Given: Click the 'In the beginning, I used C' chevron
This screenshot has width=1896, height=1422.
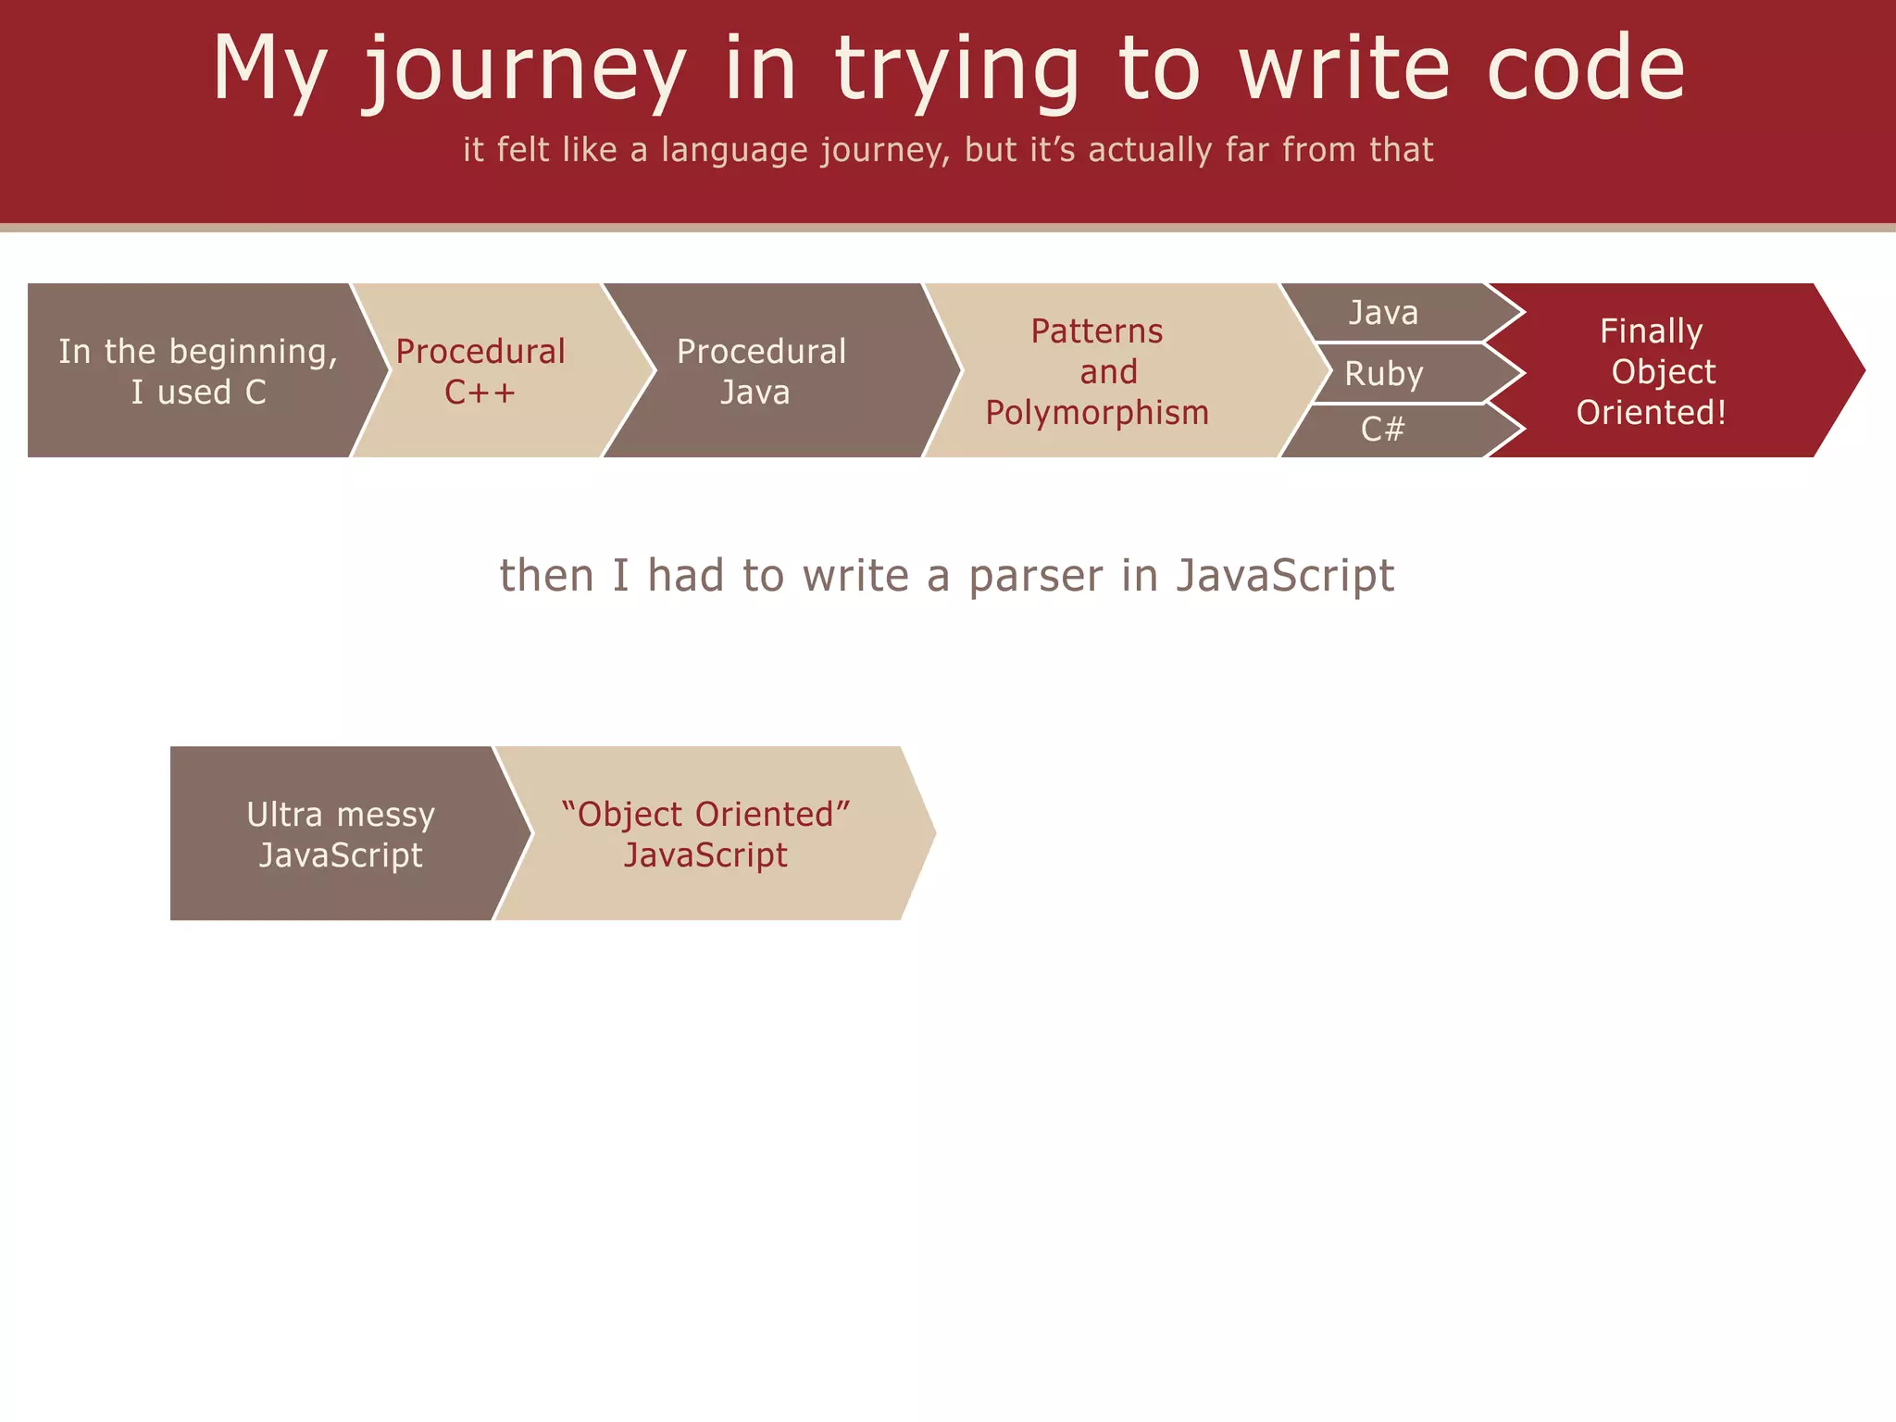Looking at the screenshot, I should coord(197,371).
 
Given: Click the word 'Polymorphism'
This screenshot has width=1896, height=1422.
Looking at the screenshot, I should coord(1097,413).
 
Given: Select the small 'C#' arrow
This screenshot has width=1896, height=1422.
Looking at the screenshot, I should coord(1384,430).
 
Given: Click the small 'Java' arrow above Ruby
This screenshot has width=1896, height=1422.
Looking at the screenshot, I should coord(1384,313).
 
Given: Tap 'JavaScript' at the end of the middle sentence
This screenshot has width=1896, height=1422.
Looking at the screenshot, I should coord(1285,577).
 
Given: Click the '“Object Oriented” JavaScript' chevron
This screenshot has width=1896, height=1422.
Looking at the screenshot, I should coord(705,834).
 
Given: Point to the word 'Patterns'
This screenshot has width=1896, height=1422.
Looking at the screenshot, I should coord(1097,331).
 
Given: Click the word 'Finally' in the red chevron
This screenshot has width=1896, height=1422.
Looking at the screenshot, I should coord(1651,331).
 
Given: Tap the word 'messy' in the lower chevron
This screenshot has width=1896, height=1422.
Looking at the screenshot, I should coord(386,815).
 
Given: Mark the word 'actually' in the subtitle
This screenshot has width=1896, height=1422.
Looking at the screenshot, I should coord(1150,150).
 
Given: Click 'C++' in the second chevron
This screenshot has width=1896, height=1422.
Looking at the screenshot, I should coord(480,393).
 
